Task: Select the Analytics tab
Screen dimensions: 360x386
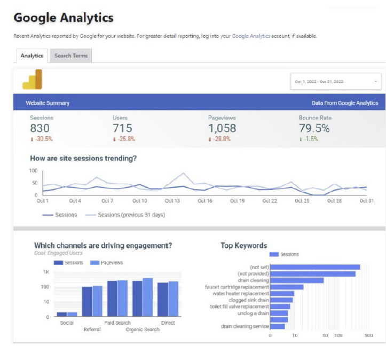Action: (x=31, y=56)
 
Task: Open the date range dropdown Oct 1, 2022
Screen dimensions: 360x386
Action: (x=335, y=82)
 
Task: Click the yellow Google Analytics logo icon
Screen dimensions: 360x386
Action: (x=32, y=80)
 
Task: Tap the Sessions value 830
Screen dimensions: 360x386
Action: (x=40, y=128)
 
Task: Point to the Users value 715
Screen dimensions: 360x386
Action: (x=122, y=128)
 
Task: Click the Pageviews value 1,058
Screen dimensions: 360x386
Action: (x=222, y=128)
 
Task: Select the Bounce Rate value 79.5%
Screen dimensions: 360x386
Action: (x=314, y=128)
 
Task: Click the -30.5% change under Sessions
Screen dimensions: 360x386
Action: (x=42, y=139)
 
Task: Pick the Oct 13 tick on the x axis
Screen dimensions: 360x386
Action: (x=172, y=201)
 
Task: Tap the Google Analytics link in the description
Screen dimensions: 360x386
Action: (x=251, y=36)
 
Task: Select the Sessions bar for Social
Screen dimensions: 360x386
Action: (x=62, y=314)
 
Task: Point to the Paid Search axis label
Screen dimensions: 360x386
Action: (x=117, y=323)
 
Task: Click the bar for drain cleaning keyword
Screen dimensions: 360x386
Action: (x=297, y=280)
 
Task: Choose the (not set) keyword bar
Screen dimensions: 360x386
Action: (x=315, y=267)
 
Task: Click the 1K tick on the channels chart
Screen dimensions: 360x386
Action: (x=46, y=272)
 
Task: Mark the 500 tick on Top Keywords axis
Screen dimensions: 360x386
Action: (x=368, y=335)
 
